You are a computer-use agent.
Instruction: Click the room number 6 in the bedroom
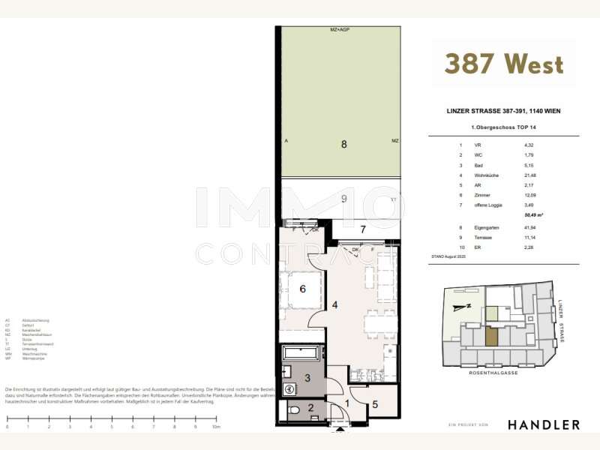303,289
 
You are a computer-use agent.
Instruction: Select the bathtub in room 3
301,353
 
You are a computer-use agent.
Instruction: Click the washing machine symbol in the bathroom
288,389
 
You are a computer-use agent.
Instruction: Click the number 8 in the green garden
343,144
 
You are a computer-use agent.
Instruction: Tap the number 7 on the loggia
362,229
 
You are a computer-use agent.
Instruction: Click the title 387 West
503,64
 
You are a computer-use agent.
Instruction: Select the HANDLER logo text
543,424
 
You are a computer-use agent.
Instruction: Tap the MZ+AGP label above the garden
340,30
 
